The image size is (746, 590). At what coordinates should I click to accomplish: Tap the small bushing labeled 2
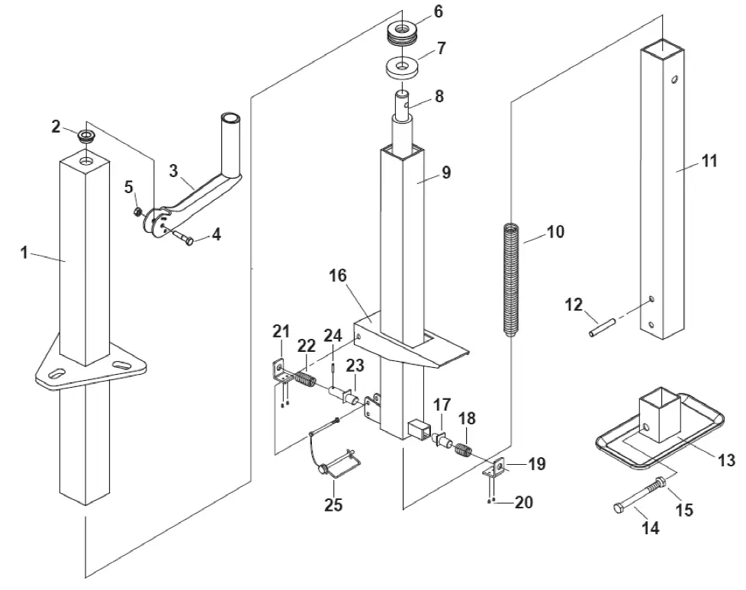tap(86, 138)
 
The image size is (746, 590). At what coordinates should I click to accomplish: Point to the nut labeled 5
tap(137, 211)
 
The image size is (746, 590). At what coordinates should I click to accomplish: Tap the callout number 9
tap(446, 172)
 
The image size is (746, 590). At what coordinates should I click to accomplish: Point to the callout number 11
tap(710, 162)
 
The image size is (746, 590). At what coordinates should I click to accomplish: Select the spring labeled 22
tap(304, 378)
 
